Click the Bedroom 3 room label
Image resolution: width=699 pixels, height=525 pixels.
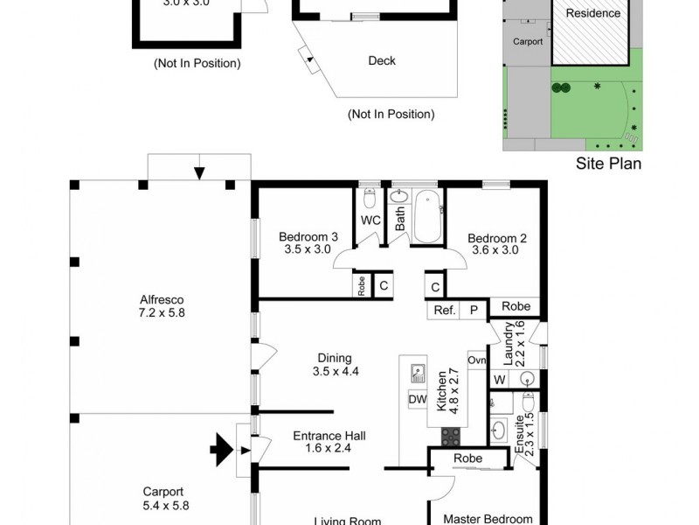coord(308,242)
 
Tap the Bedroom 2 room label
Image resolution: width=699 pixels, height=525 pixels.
coord(497,242)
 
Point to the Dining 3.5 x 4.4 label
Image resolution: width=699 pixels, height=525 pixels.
coord(335,364)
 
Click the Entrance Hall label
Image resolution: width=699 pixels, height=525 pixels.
coord(329,442)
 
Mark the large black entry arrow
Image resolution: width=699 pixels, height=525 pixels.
coord(221,451)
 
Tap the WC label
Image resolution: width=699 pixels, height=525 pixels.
coord(370,220)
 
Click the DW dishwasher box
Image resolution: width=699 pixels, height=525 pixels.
coord(417,400)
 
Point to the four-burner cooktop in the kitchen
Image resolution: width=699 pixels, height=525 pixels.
coord(451,434)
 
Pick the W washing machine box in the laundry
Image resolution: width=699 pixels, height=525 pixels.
coord(499,379)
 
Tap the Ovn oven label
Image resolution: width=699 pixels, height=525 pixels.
coord(476,360)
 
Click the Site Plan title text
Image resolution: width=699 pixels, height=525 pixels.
coord(608,163)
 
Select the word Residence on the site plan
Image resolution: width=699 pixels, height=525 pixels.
coord(593,13)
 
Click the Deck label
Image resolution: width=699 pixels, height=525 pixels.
coord(382,60)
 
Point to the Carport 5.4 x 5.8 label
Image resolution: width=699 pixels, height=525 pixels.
coord(166,498)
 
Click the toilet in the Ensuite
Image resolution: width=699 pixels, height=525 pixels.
coord(527,404)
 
